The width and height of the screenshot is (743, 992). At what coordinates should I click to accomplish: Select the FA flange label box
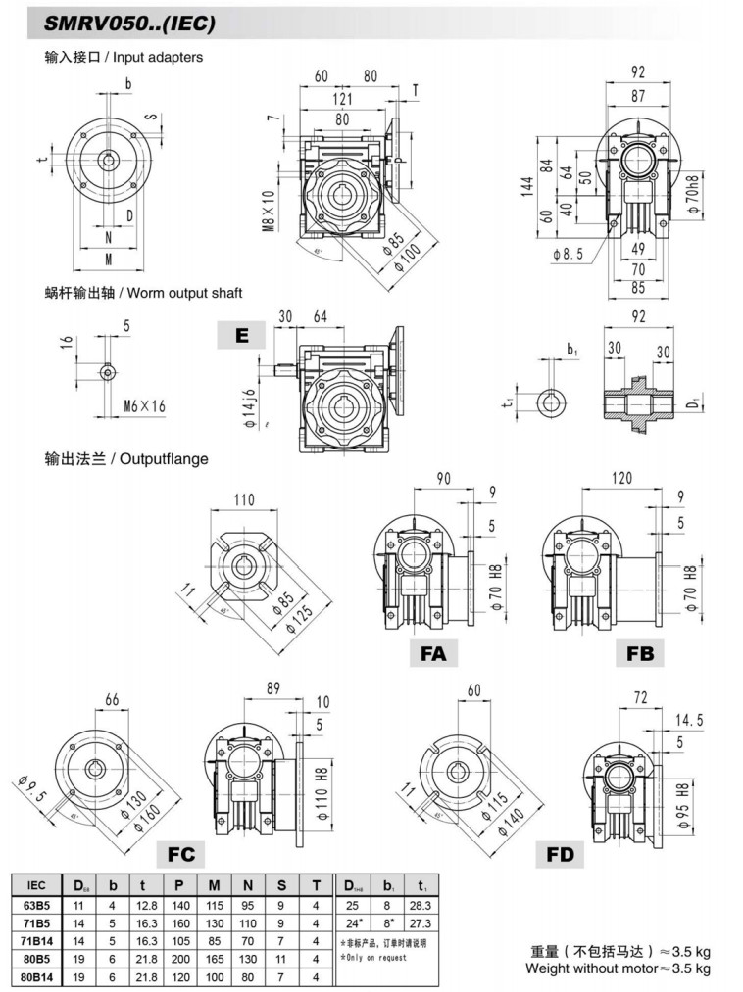coord(433,652)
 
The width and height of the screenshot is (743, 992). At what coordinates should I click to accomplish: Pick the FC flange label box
coord(180,854)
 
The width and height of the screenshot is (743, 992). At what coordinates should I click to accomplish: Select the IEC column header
coord(37,885)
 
